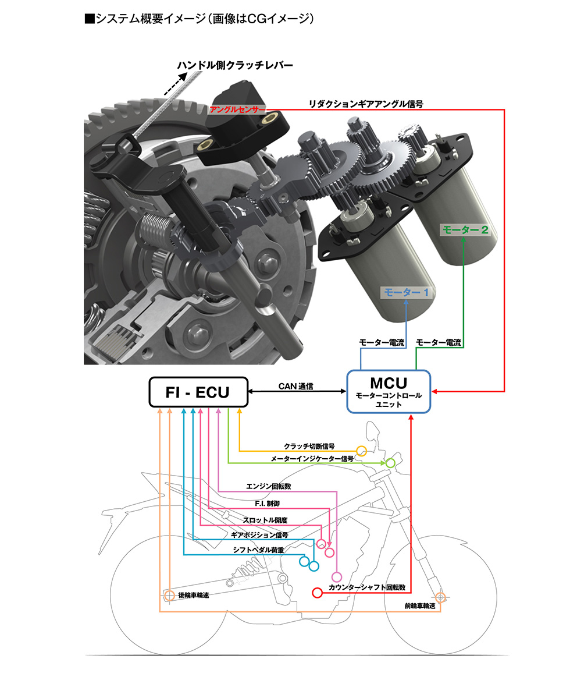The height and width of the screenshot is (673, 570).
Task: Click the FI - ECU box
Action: (198, 392)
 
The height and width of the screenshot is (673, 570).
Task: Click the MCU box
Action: (389, 391)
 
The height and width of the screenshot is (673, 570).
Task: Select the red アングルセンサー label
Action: (237, 110)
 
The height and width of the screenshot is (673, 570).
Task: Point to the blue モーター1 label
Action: (405, 293)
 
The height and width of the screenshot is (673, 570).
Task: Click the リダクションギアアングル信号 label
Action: (366, 104)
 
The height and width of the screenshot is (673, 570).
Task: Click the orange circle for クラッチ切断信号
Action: (361, 450)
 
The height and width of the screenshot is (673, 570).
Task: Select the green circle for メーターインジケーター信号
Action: (390, 463)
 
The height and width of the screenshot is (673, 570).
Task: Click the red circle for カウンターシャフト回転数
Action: (317, 593)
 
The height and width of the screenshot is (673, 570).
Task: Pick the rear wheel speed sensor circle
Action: (169, 596)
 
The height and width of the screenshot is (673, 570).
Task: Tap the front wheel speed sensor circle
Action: (440, 597)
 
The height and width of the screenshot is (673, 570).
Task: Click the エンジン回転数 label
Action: (269, 486)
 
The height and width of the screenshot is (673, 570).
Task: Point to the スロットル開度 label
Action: (265, 519)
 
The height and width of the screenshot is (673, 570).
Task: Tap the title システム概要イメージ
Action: (200, 19)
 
